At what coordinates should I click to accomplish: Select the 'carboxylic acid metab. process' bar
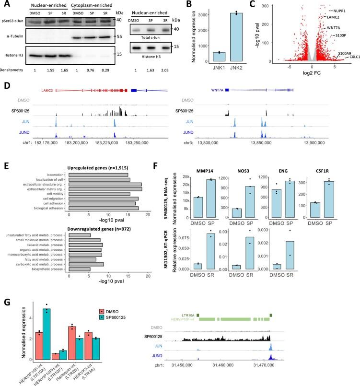86,264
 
